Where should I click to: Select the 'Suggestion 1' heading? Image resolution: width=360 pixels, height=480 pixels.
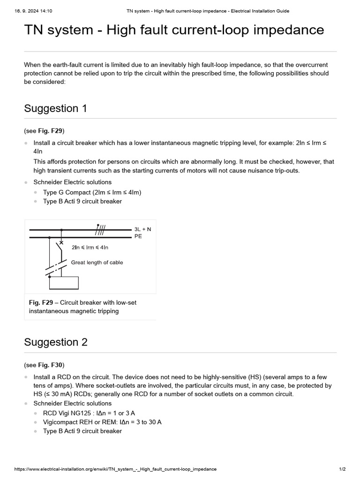pyautogui.click(x=55, y=108)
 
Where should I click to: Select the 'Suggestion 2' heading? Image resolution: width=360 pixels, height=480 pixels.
pyautogui.click(x=56, y=342)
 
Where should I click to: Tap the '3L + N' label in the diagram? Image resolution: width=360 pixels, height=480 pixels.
pyautogui.click(x=142, y=229)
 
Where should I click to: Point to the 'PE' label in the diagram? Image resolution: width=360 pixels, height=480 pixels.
pyautogui.click(x=138, y=237)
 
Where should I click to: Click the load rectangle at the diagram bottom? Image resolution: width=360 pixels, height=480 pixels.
pyautogui.click(x=64, y=283)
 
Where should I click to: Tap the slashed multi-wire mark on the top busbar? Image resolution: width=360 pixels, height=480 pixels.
pyautogui.click(x=100, y=229)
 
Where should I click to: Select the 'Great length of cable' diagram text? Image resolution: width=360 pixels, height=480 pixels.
pyautogui.click(x=97, y=262)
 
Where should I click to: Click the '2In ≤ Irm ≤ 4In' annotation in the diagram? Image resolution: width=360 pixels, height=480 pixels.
pyautogui.click(x=90, y=247)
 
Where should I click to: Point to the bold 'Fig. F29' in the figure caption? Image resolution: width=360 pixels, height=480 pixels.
pyautogui.click(x=41, y=302)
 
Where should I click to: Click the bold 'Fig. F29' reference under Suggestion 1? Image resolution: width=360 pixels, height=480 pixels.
pyautogui.click(x=51, y=130)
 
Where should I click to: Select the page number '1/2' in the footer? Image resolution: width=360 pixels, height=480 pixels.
pyautogui.click(x=342, y=469)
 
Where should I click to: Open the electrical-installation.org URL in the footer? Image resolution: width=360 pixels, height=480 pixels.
pyautogui.click(x=116, y=469)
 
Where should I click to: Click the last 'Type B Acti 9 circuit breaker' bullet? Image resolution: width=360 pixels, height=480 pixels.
pyautogui.click(x=82, y=431)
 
